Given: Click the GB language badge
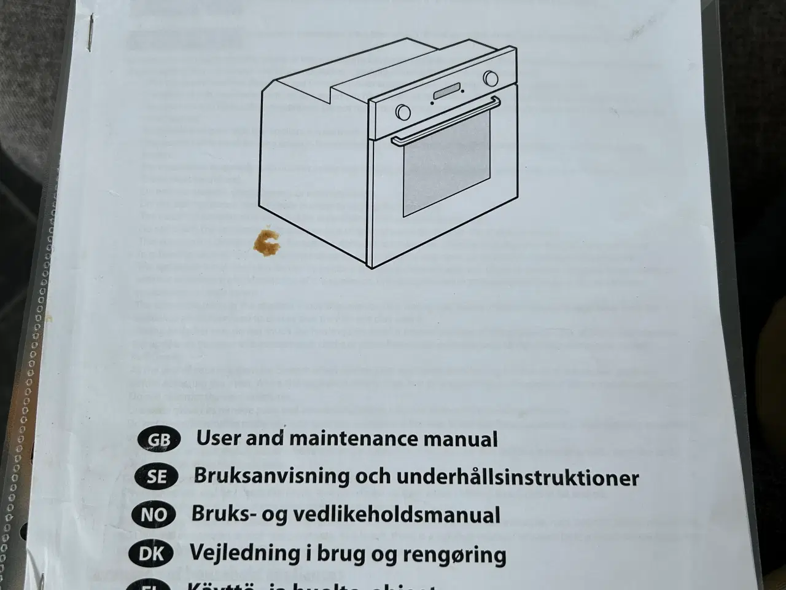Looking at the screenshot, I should [x=159, y=440].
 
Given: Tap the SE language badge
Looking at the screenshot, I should [x=156, y=477].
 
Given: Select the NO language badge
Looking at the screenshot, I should [x=154, y=515].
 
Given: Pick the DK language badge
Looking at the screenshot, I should [x=151, y=554].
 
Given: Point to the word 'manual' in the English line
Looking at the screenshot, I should [x=466, y=439].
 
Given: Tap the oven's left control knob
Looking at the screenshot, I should [x=403, y=112].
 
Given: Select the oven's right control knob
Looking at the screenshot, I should [x=491, y=78].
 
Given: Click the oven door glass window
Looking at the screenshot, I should [x=446, y=163].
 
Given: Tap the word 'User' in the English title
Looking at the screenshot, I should [x=216, y=438].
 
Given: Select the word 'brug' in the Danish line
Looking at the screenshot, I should [x=329, y=554].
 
